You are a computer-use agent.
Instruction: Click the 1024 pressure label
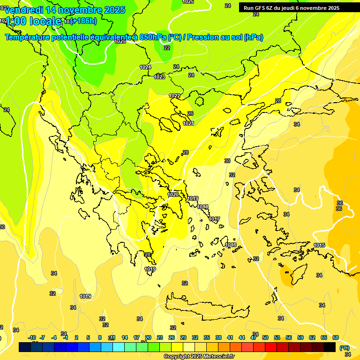tap(145, 67)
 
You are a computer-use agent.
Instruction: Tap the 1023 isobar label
tap(159, 77)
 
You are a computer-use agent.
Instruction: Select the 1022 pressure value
tap(174, 96)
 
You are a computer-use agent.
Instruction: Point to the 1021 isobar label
tap(188, 123)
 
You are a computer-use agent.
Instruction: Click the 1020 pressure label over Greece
tap(173, 195)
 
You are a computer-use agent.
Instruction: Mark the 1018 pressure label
tap(202, 207)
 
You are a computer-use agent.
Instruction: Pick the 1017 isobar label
tap(214, 219)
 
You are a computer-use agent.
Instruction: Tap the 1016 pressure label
tap(231, 245)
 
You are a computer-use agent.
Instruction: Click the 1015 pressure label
tap(319, 245)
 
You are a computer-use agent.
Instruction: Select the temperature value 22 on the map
tap(166, 48)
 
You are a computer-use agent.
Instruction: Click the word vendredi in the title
tap(24, 10)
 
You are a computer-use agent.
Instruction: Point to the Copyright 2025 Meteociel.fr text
tap(199, 356)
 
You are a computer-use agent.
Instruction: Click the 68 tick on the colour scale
tap(336, 337)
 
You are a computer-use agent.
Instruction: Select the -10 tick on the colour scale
tap(32, 337)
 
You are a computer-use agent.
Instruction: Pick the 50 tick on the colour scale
tap(265, 337)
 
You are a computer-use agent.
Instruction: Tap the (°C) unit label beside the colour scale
tap(344, 348)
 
